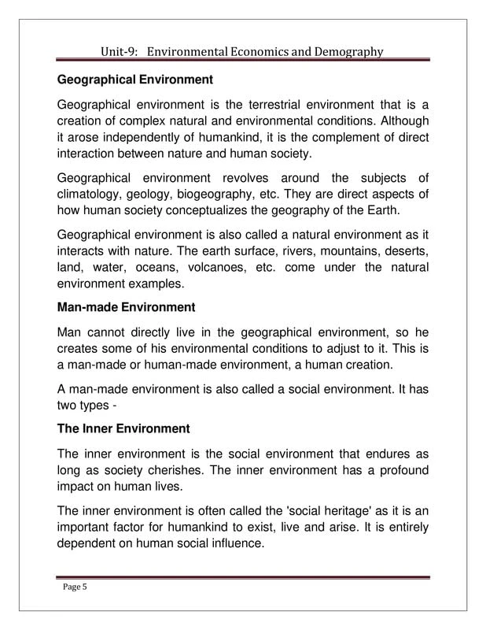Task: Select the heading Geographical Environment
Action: tap(135, 80)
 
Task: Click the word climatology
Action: tap(94, 195)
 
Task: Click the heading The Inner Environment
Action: tap(123, 428)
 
